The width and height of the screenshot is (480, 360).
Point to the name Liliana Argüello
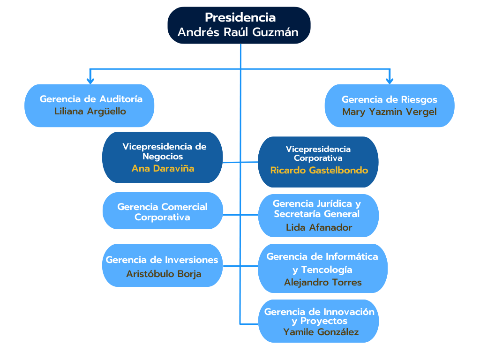[x=90, y=112]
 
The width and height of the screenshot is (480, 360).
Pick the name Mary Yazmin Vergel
[x=389, y=112]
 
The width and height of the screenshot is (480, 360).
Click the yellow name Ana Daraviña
[x=163, y=168]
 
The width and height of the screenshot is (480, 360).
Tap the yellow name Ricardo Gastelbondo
[x=319, y=170]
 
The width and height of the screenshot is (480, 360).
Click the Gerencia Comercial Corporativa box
[x=162, y=211]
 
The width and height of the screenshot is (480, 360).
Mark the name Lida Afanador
[x=319, y=227]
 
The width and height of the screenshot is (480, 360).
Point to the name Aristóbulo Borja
[x=164, y=274]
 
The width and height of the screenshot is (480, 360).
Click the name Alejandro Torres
[x=322, y=282]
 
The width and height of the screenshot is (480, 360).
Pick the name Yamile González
[x=321, y=332]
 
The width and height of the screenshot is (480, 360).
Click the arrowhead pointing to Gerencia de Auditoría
[x=90, y=81]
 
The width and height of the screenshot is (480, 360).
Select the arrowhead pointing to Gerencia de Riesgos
[x=389, y=81]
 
